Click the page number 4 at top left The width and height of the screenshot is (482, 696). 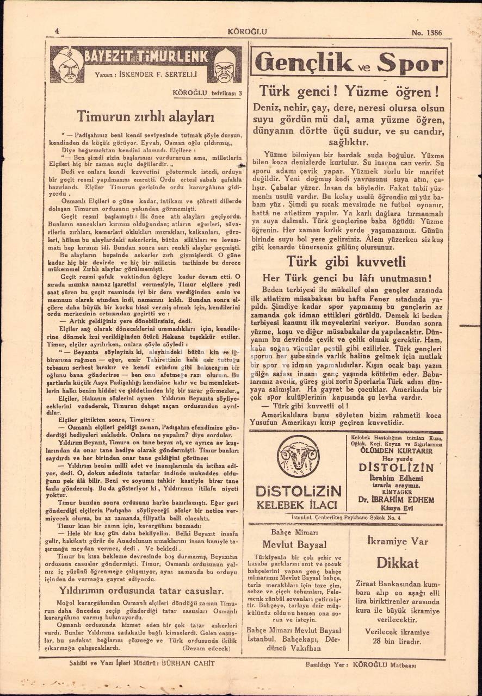57,31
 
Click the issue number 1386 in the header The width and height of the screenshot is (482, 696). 433,32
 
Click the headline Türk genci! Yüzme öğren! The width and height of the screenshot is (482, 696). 349,90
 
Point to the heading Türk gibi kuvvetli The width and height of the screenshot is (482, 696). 347,262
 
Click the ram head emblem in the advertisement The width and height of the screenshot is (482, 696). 298,456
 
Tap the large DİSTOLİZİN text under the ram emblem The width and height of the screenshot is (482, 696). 298,491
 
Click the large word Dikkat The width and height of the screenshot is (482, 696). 397,563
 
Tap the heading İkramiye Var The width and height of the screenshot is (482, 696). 397,542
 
